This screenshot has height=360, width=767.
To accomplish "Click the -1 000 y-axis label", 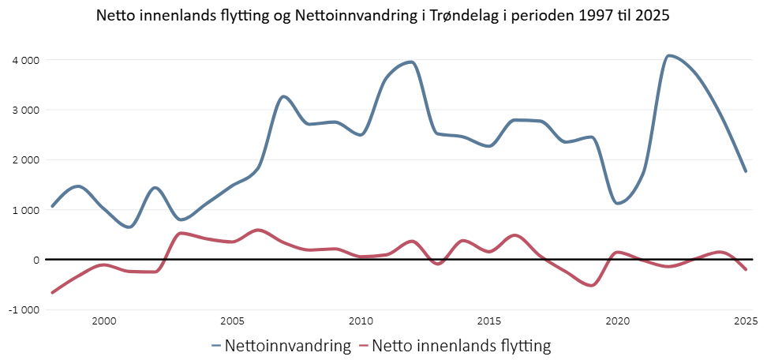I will pos(24,309).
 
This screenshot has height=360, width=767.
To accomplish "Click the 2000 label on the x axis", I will pos(104,321).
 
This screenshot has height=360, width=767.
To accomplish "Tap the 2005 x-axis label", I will pos(232,321).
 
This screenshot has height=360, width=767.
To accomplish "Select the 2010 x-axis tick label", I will pos(361,321).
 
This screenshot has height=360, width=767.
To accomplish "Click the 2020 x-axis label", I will pos(617,321).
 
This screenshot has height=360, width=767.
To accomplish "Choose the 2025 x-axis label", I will pos(744,321).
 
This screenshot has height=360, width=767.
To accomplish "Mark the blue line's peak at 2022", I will pos(669,55).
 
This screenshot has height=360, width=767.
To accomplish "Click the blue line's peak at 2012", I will pos(411,62).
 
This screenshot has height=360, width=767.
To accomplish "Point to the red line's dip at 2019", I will pos(591,286).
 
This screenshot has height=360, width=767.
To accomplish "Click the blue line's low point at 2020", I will pos(618,204).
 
